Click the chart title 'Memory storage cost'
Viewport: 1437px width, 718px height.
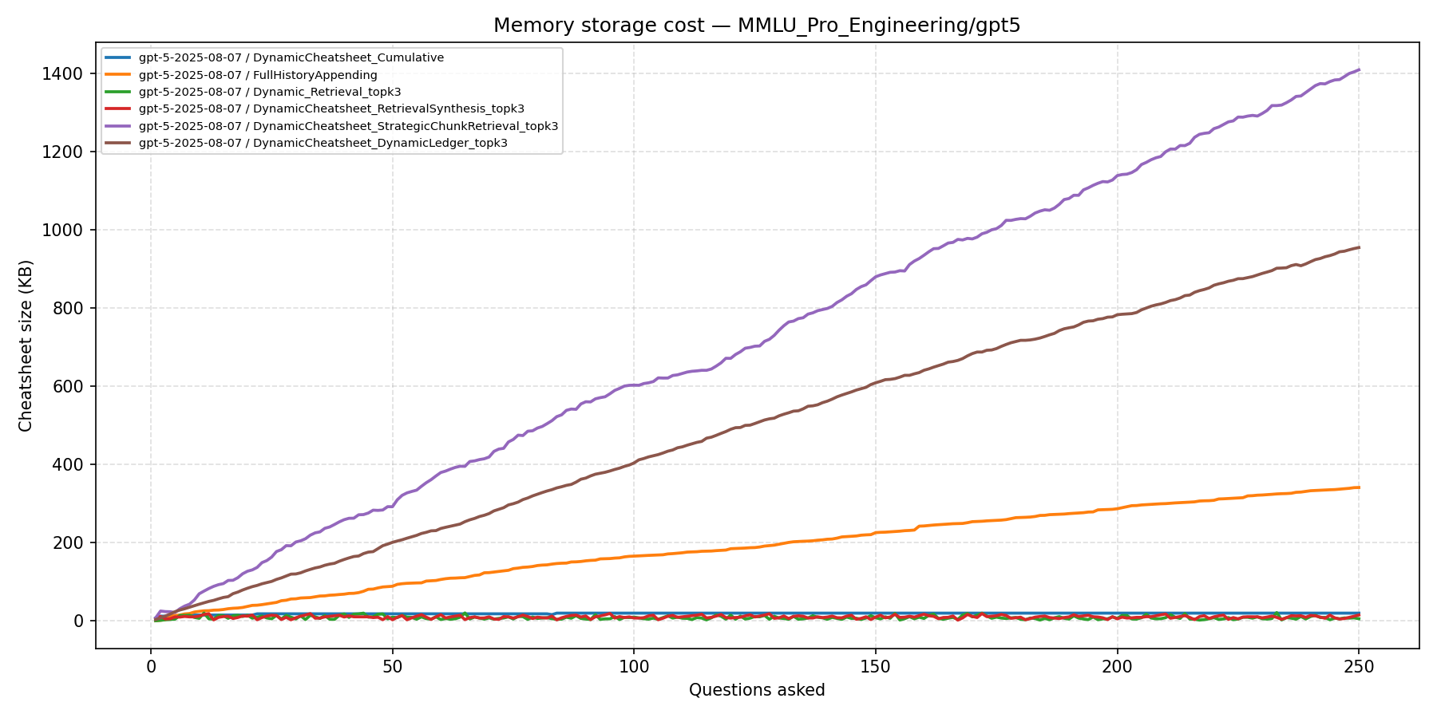point(756,26)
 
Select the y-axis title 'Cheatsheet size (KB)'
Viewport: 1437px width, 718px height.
point(26,345)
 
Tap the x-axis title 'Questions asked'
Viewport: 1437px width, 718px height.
point(757,690)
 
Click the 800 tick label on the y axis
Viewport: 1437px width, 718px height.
point(69,309)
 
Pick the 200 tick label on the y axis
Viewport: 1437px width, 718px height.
point(69,543)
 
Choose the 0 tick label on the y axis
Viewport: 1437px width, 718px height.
point(79,621)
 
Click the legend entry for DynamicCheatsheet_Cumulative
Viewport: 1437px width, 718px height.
point(291,58)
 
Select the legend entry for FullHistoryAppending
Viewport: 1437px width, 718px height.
point(257,75)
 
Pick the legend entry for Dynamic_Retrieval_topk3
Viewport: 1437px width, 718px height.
point(269,93)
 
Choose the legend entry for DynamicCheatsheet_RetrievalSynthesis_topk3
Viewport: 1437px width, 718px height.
point(331,109)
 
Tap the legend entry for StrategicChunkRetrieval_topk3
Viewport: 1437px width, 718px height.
point(347,126)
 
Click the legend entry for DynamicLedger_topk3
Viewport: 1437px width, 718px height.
point(323,144)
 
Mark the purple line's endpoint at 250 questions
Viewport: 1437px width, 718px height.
point(1359,69)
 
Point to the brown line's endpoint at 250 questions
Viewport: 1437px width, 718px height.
point(1359,247)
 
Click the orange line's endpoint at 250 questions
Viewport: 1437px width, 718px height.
point(1359,487)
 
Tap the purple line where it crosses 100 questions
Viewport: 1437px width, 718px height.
point(634,385)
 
